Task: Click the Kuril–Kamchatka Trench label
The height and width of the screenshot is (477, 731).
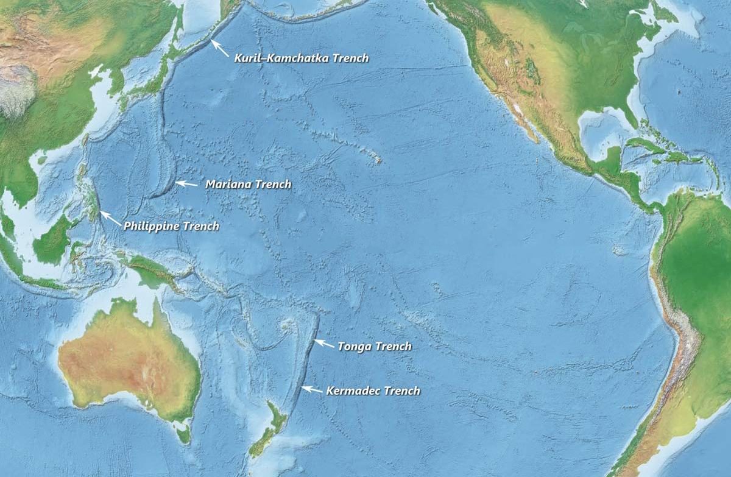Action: pyautogui.click(x=302, y=58)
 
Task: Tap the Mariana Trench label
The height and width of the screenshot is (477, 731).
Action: pyautogui.click(x=248, y=184)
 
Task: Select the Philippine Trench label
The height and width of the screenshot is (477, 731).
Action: pyautogui.click(x=171, y=226)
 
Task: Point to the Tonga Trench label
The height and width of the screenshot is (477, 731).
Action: pyautogui.click(x=375, y=347)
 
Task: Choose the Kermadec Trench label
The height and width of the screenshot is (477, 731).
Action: pyautogui.click(x=373, y=390)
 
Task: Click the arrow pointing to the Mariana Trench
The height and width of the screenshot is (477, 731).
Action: pyautogui.click(x=186, y=183)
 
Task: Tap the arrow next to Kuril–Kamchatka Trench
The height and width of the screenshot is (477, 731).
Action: pyautogui.click(x=220, y=48)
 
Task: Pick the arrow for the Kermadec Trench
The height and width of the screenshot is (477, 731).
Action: pyautogui.click(x=313, y=389)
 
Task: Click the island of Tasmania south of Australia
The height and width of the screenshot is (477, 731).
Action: pyautogui.click(x=183, y=435)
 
